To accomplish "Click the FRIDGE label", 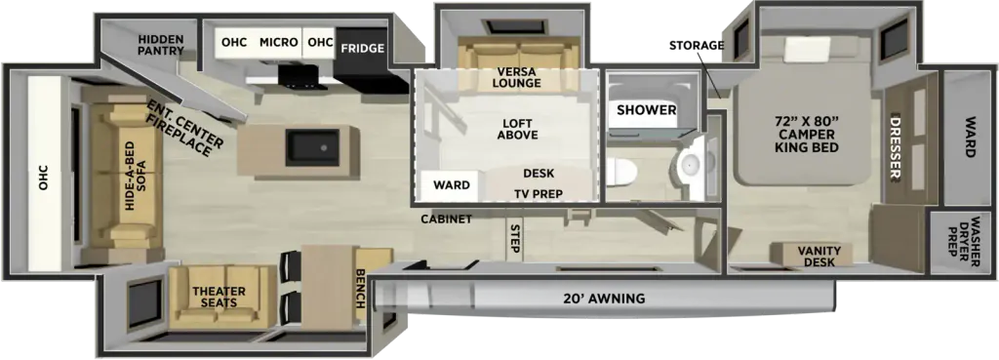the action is [363, 48].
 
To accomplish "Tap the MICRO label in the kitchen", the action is [278, 43].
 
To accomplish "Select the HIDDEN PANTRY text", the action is [161, 45].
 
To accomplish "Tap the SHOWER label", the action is [646, 110].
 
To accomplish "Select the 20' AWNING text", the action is [603, 298].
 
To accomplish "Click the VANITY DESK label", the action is [821, 257].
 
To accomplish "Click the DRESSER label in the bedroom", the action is [896, 148].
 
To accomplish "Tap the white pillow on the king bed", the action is [807, 49].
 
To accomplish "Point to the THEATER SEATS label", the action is [219, 297].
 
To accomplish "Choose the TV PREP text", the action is [539, 194].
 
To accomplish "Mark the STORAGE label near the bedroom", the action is [697, 45].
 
